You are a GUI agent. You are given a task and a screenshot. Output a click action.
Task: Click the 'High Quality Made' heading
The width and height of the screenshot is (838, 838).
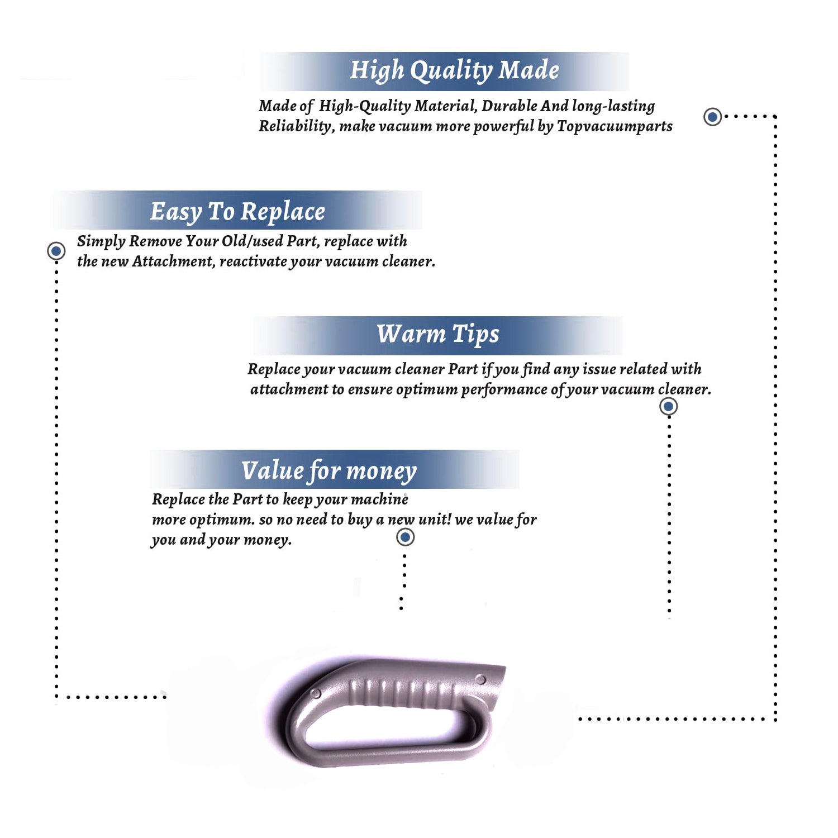454,71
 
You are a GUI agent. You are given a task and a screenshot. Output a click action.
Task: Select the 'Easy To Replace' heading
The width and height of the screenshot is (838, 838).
237,212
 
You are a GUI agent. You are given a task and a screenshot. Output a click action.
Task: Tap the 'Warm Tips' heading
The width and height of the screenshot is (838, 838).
438,334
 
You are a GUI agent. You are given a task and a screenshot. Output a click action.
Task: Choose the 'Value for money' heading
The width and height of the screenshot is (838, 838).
329,471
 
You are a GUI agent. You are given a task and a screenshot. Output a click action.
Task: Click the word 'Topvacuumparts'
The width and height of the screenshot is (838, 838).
615,127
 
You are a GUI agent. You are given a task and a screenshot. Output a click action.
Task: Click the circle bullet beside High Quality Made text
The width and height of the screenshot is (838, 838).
712,117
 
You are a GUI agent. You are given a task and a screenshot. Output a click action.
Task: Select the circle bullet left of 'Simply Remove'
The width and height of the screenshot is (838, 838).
56,251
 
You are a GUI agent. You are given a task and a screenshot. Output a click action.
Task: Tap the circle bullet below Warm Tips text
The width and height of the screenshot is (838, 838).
669,406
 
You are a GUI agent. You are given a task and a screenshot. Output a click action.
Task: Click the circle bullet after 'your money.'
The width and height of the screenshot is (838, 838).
405,537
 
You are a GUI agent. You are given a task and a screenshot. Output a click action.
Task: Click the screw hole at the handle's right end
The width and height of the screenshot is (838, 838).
480,679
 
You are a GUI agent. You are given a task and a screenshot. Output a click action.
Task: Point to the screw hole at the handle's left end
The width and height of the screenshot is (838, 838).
316,694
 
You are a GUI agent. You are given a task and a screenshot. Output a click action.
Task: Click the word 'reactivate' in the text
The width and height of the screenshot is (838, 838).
254,261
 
